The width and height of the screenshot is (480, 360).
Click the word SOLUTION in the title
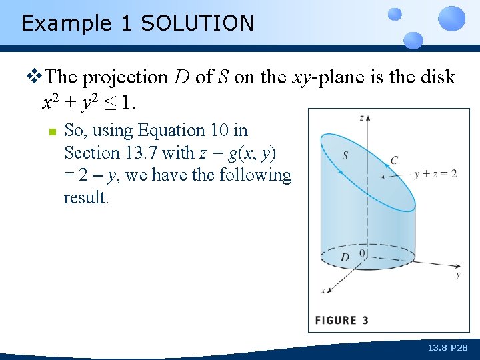click(x=197, y=23)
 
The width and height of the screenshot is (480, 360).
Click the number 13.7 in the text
click(x=140, y=153)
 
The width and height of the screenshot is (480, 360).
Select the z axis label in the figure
click(x=361, y=118)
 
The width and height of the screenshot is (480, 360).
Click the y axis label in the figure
click(x=457, y=274)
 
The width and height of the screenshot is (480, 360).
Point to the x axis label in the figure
click(x=323, y=290)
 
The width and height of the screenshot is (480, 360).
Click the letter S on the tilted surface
click(x=345, y=156)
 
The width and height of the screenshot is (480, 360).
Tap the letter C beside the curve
click(x=394, y=160)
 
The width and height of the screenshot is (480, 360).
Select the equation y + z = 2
click(x=435, y=173)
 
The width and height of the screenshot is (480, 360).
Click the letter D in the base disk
click(x=345, y=257)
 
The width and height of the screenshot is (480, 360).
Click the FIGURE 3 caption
click(x=341, y=321)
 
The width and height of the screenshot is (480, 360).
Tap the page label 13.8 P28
click(x=448, y=347)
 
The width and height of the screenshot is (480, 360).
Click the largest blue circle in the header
click(x=452, y=18)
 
